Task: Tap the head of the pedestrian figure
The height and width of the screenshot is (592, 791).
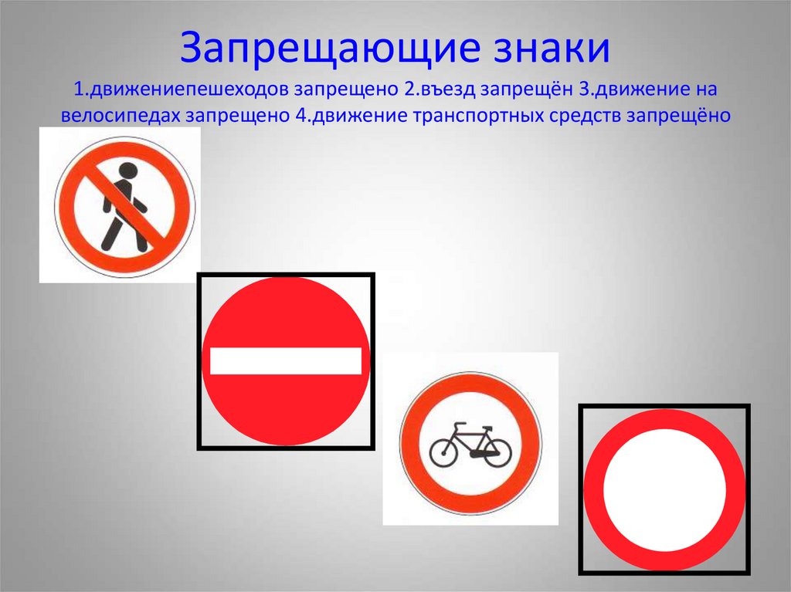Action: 127,171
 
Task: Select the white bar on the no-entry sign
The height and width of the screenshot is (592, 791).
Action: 286,360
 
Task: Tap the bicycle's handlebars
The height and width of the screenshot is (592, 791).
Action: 487,428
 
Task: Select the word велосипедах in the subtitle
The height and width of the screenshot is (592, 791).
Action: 121,116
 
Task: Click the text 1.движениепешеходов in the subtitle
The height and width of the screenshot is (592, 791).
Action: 181,90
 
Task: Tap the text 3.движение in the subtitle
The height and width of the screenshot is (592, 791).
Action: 634,90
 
